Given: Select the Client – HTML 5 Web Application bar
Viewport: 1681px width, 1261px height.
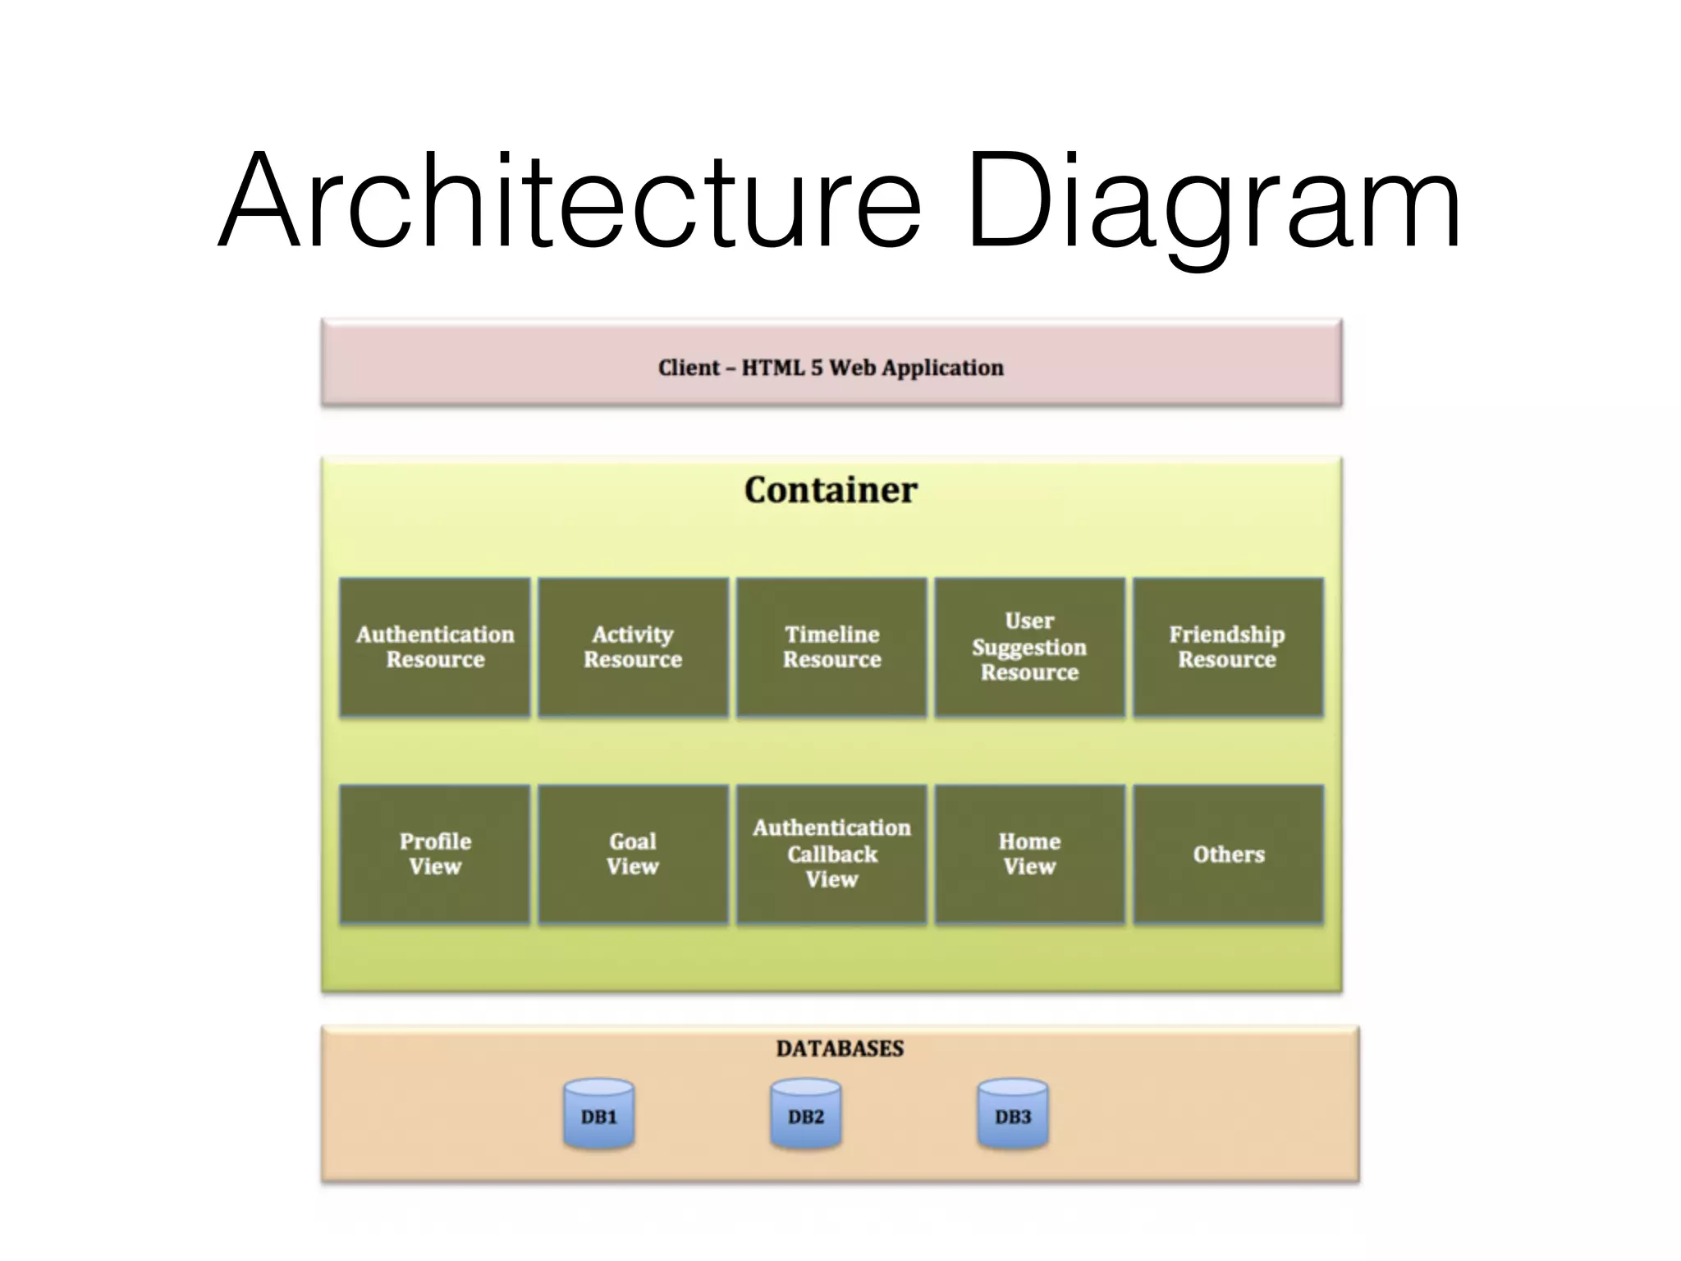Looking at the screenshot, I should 831,363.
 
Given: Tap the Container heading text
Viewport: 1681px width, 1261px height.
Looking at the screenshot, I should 831,490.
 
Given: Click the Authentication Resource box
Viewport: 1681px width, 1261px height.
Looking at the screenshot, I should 435,647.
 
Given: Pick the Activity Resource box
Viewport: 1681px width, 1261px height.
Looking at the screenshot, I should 633,647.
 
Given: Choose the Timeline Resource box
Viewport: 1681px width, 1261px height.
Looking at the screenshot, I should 831,647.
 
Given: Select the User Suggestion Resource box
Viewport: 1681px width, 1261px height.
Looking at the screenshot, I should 1029,647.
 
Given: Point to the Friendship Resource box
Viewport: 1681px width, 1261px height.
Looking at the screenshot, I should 1228,647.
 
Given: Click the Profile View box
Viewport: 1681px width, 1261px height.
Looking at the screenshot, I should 435,854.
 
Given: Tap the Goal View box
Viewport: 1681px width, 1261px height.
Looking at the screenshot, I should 633,854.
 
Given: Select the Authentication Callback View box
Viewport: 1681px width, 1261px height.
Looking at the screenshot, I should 831,854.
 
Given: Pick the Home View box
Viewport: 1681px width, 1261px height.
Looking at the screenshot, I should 1029,854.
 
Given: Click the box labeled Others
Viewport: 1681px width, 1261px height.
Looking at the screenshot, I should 1228,854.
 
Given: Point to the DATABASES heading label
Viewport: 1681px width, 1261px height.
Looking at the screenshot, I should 840,1048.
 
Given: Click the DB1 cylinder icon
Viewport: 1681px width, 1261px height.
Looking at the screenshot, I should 598,1114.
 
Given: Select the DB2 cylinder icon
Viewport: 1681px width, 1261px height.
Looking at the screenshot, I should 805,1114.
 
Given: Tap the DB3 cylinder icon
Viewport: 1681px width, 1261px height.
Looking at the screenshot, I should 1013,1114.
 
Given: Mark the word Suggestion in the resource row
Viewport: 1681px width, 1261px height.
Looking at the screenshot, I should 1029,648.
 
